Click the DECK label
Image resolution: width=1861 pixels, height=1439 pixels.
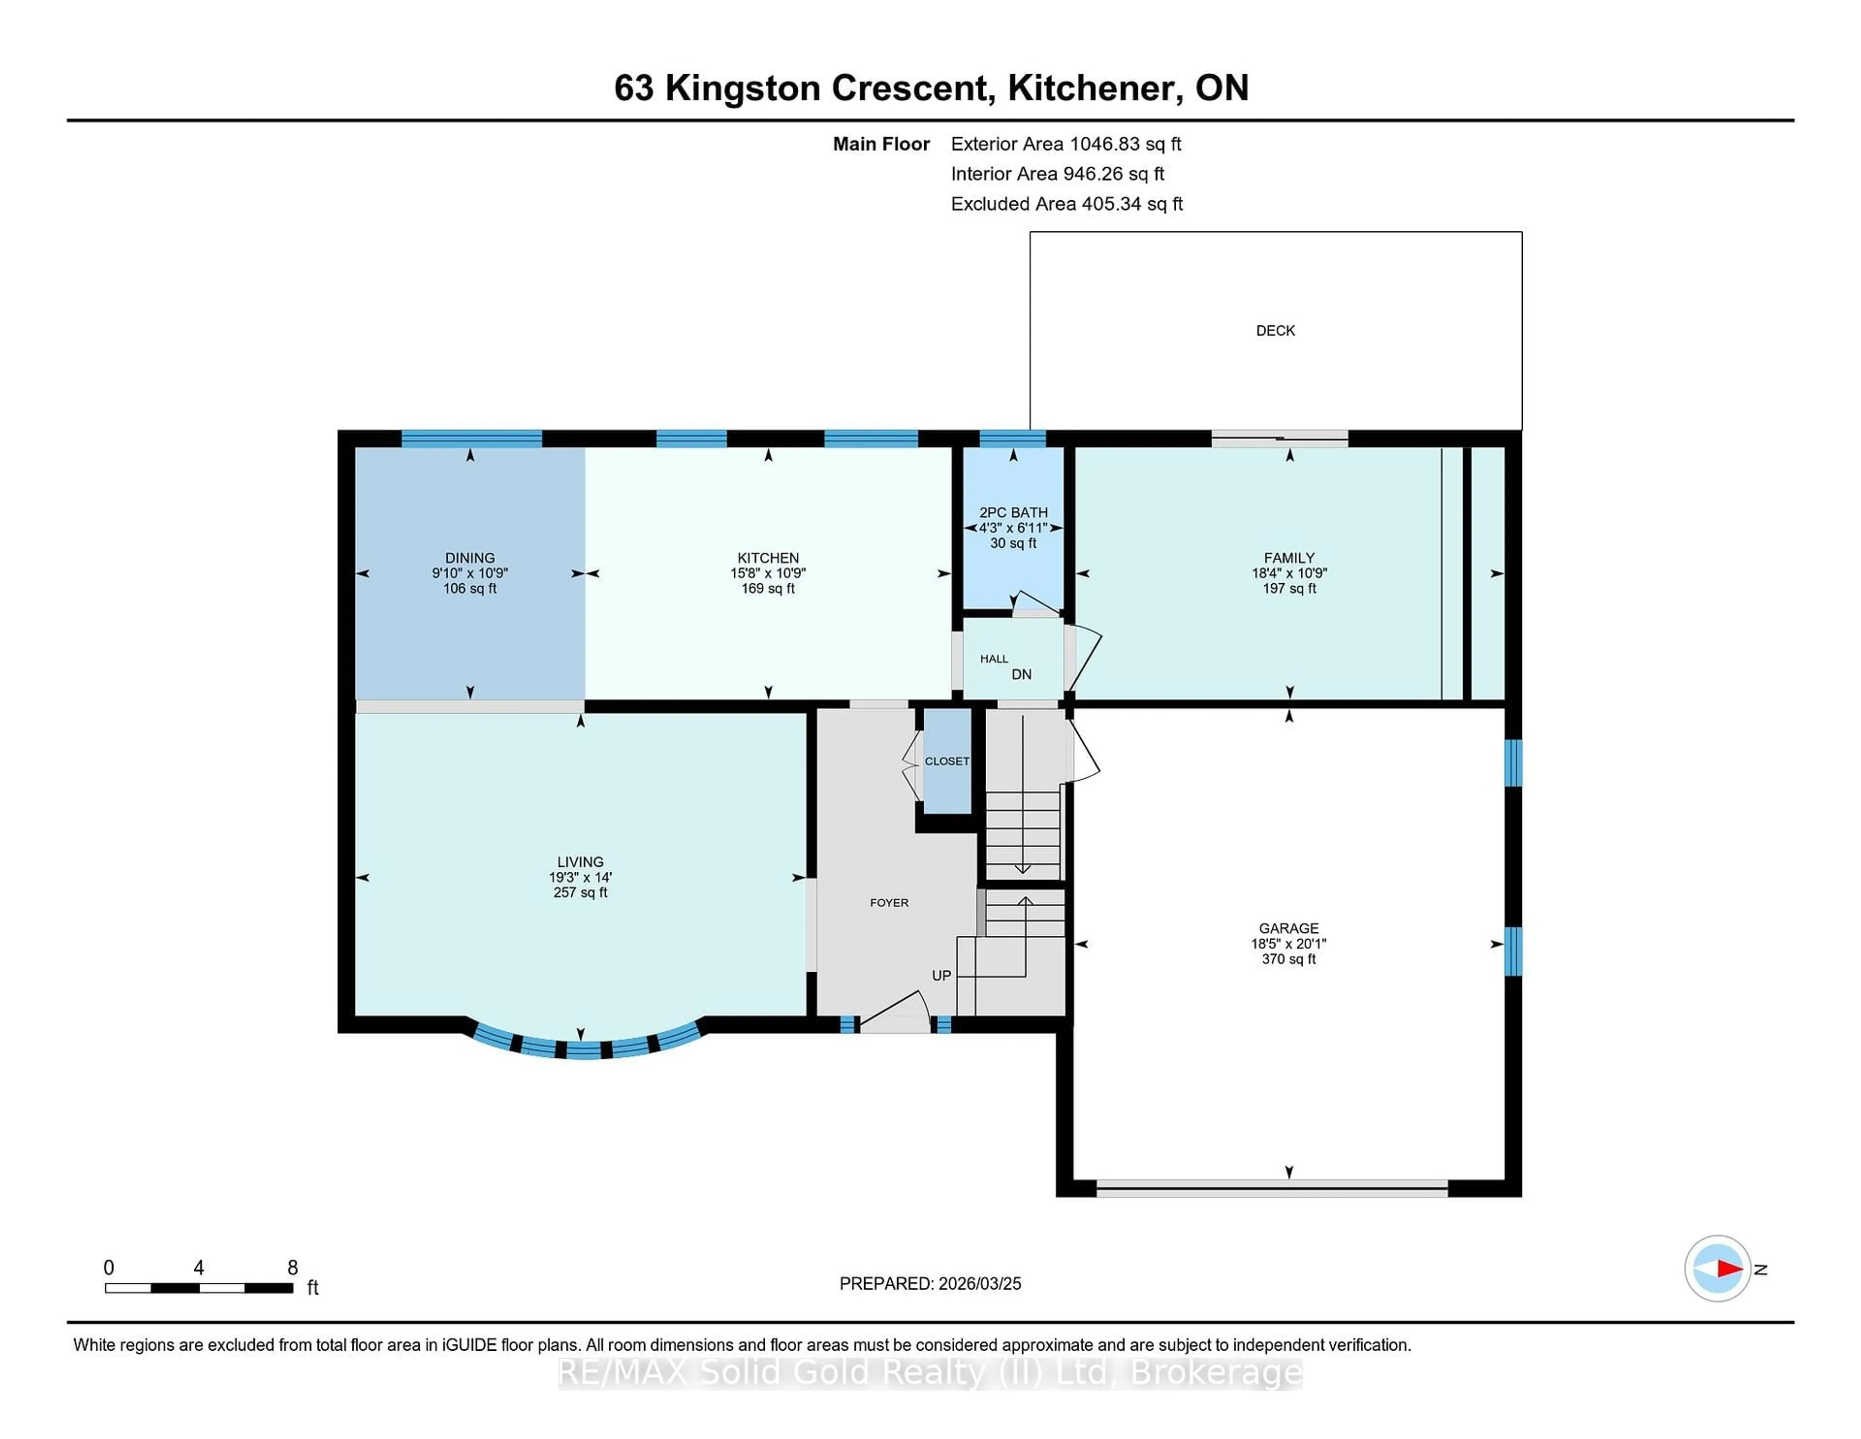[x=1275, y=331]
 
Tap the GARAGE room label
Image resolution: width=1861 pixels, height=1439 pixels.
[x=1288, y=928]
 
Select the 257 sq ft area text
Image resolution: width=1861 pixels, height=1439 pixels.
[x=580, y=893]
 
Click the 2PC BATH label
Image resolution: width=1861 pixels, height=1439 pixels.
[x=1013, y=512]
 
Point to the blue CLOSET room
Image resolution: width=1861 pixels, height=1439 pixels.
[x=946, y=761]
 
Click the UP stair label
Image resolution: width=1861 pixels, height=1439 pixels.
[x=941, y=975]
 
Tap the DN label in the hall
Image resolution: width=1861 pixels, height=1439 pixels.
[x=1021, y=674]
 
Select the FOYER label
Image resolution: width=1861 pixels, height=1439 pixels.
[x=889, y=903]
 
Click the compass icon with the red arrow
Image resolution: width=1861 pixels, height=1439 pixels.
[x=1717, y=1268]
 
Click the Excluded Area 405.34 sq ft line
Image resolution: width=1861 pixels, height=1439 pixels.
[x=1066, y=204]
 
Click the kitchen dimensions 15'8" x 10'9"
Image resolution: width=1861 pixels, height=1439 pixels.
[x=768, y=574]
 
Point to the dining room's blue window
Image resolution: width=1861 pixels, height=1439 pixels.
[x=471, y=439]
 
